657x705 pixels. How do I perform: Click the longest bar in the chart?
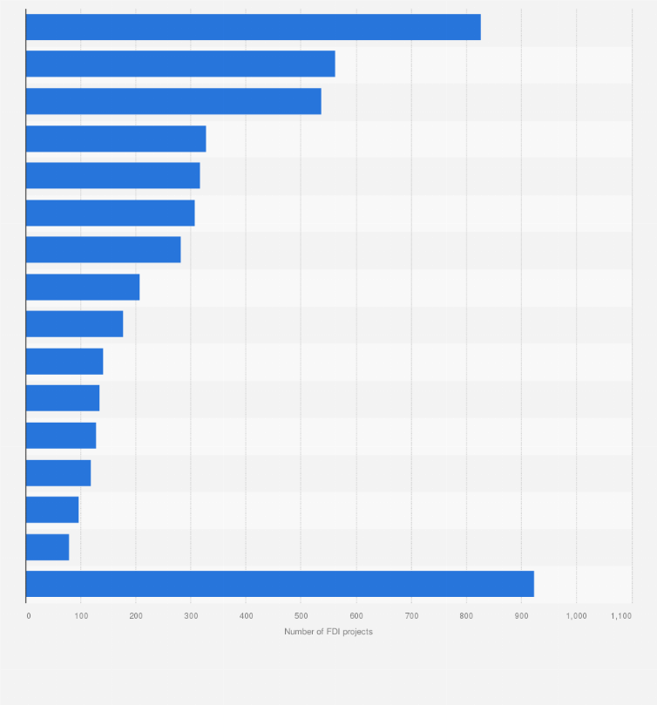pyautogui.click(x=280, y=584)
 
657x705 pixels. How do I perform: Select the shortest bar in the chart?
pyautogui.click(x=47, y=547)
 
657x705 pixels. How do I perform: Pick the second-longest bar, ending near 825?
pyautogui.click(x=253, y=27)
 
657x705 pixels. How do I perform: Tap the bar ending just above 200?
pyautogui.click(x=83, y=287)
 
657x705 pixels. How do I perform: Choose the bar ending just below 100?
pyautogui.click(x=52, y=510)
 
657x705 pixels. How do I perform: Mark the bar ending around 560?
pyautogui.click(x=180, y=64)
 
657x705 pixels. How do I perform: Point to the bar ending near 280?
pyautogui.click(x=103, y=249)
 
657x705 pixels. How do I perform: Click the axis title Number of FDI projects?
pyautogui.click(x=328, y=632)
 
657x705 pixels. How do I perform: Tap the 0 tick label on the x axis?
pyautogui.click(x=28, y=616)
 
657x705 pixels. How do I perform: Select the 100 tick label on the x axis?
pyautogui.click(x=81, y=616)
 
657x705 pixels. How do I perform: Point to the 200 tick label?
pyautogui.click(x=136, y=616)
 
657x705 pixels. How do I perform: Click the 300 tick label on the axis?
pyautogui.click(x=191, y=616)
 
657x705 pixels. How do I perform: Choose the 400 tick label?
pyautogui.click(x=246, y=616)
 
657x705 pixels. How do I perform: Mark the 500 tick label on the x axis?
pyautogui.click(x=301, y=616)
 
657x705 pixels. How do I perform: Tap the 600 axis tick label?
pyautogui.click(x=356, y=616)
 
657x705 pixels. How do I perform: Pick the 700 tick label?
pyautogui.click(x=411, y=616)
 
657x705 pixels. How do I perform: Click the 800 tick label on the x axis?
pyautogui.click(x=466, y=616)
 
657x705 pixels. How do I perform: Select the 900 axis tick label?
pyautogui.click(x=521, y=616)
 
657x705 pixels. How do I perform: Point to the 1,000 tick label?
pyautogui.click(x=576, y=616)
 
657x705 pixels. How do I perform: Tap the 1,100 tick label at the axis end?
pyautogui.click(x=620, y=616)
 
